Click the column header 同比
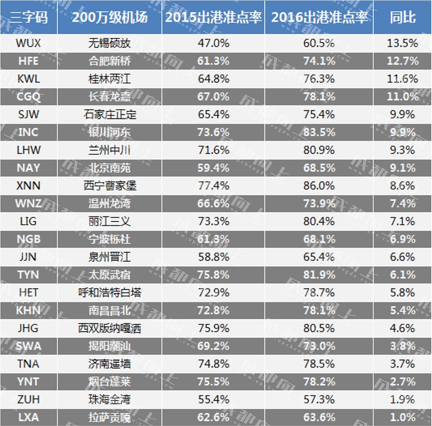402,17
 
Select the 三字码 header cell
28,17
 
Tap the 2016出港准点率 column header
319,17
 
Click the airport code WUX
28,43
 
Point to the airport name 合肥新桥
109,61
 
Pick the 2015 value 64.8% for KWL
213,79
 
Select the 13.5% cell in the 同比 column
402,43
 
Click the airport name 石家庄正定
109,114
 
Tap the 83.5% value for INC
319,132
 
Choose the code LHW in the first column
28,150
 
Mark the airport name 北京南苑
109,168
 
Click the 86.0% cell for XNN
319,186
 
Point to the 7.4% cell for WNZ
402,204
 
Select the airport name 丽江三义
109,221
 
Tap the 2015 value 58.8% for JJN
213,257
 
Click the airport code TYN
28,275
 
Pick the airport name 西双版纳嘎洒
109,328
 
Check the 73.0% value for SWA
319,346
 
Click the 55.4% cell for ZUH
213,399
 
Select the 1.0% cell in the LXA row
402,417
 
